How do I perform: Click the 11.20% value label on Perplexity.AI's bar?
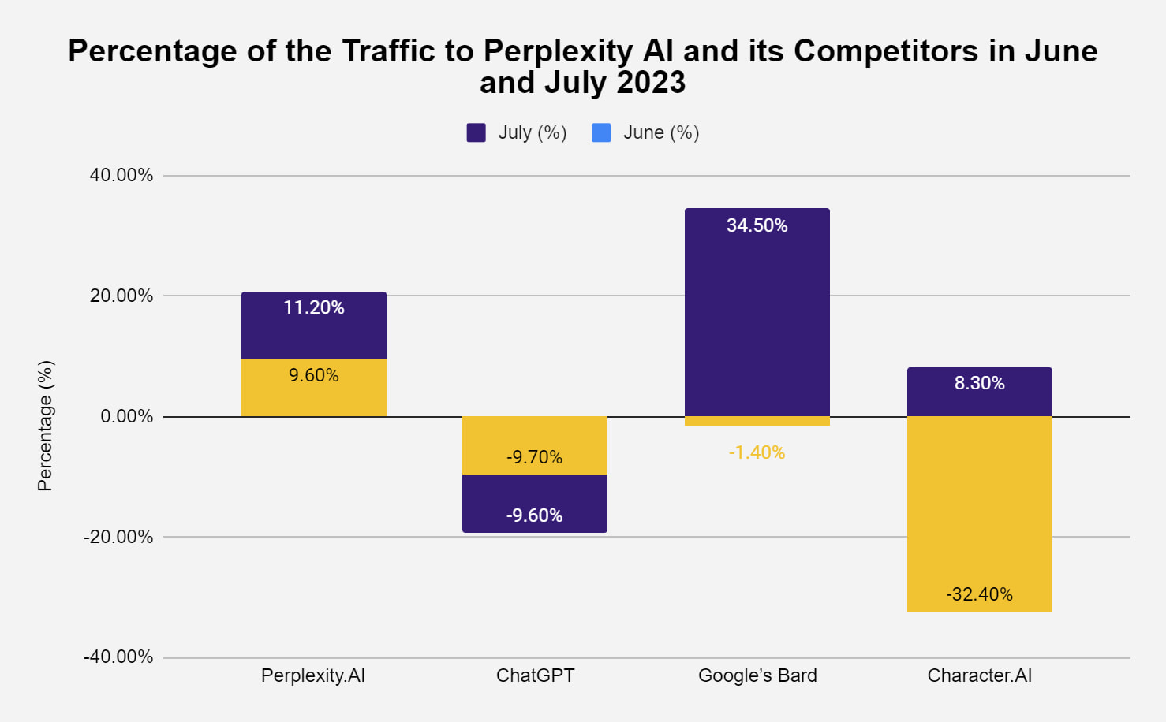tap(314, 307)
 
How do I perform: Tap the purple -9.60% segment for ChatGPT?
tap(535, 504)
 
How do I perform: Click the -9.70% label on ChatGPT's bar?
tap(535, 457)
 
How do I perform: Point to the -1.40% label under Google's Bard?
tap(757, 452)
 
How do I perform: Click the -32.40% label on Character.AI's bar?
tap(979, 594)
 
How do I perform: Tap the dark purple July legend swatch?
tap(476, 132)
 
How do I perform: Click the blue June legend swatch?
tap(601, 132)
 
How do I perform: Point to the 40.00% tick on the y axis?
tap(121, 175)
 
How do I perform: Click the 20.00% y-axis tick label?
tap(121, 296)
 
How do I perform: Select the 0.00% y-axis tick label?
tap(126, 416)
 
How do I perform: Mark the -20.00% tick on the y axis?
tap(118, 537)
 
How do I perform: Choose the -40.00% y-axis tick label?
tap(118, 657)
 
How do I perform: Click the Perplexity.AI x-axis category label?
tap(313, 675)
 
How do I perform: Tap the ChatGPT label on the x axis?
tap(535, 675)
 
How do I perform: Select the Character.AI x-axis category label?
tap(979, 675)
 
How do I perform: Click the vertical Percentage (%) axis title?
tap(45, 426)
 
